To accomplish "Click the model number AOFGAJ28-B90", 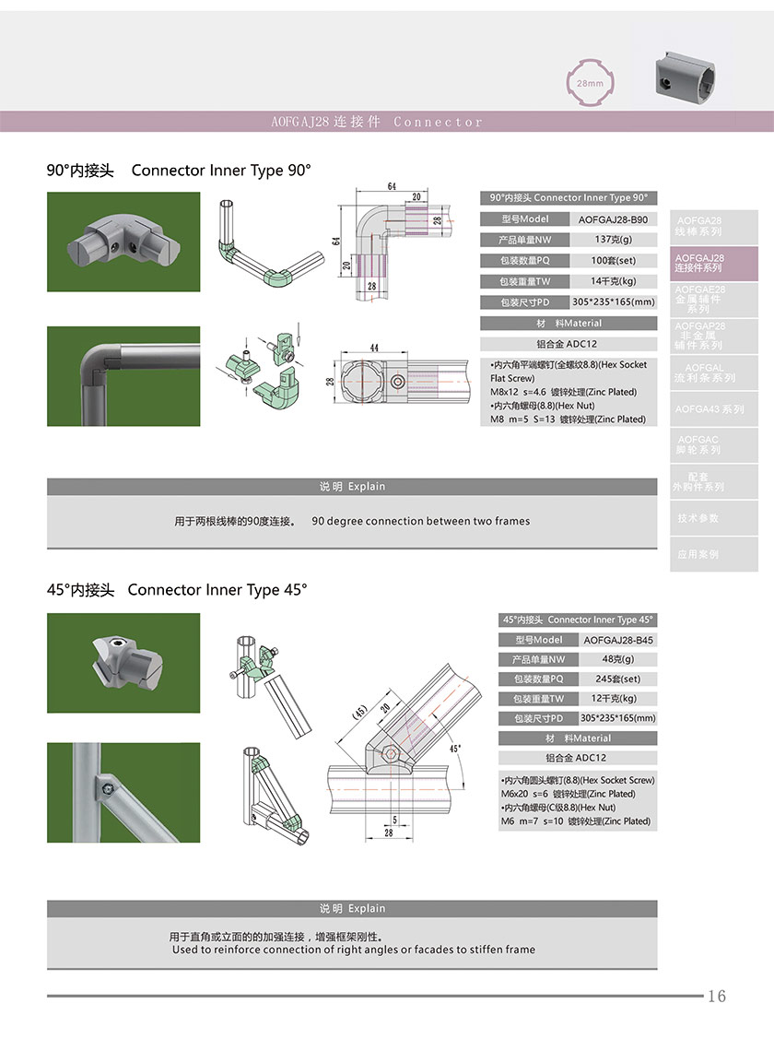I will [613, 219].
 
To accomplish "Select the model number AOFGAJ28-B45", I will [618, 640].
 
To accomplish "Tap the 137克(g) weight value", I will [613, 240].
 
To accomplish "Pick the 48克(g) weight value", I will [617, 659].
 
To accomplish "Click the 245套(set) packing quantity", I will [617, 679].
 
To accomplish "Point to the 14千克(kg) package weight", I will [613, 281].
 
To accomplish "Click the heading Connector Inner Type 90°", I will [221, 171].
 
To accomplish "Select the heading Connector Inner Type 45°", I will [217, 590].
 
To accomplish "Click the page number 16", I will [717, 996].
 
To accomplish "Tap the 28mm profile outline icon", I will [590, 83].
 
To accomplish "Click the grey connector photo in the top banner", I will [686, 77].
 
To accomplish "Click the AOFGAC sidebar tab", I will [698, 445].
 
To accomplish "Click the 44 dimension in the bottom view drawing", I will [375, 348].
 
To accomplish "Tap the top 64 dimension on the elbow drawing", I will [392, 186].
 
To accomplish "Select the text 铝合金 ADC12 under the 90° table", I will [569, 344].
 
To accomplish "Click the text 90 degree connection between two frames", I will [421, 522].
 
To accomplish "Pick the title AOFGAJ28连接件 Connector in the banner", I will [377, 122].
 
